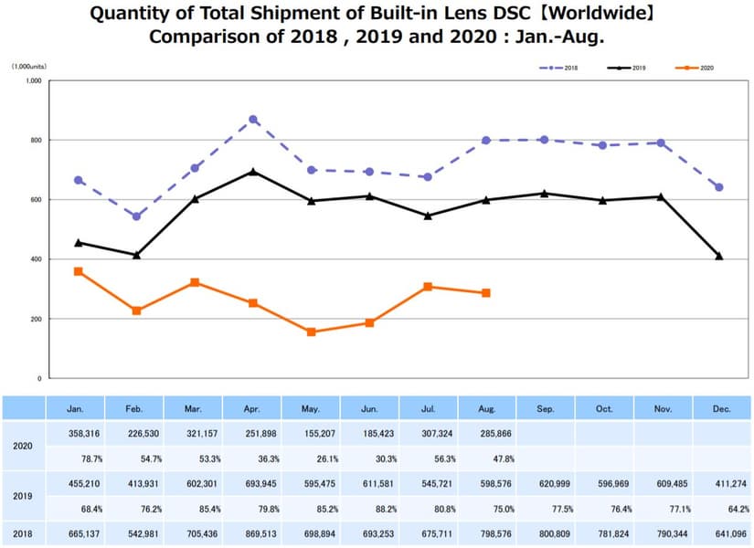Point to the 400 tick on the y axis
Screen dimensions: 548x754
37,259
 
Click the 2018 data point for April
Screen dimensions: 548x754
253,120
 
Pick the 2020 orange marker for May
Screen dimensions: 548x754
312,332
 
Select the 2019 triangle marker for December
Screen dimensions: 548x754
719,256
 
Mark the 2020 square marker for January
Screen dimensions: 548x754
79,271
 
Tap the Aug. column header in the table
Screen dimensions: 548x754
486,408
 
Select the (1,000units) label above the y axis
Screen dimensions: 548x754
29,67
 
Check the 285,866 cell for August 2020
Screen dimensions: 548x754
486,434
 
